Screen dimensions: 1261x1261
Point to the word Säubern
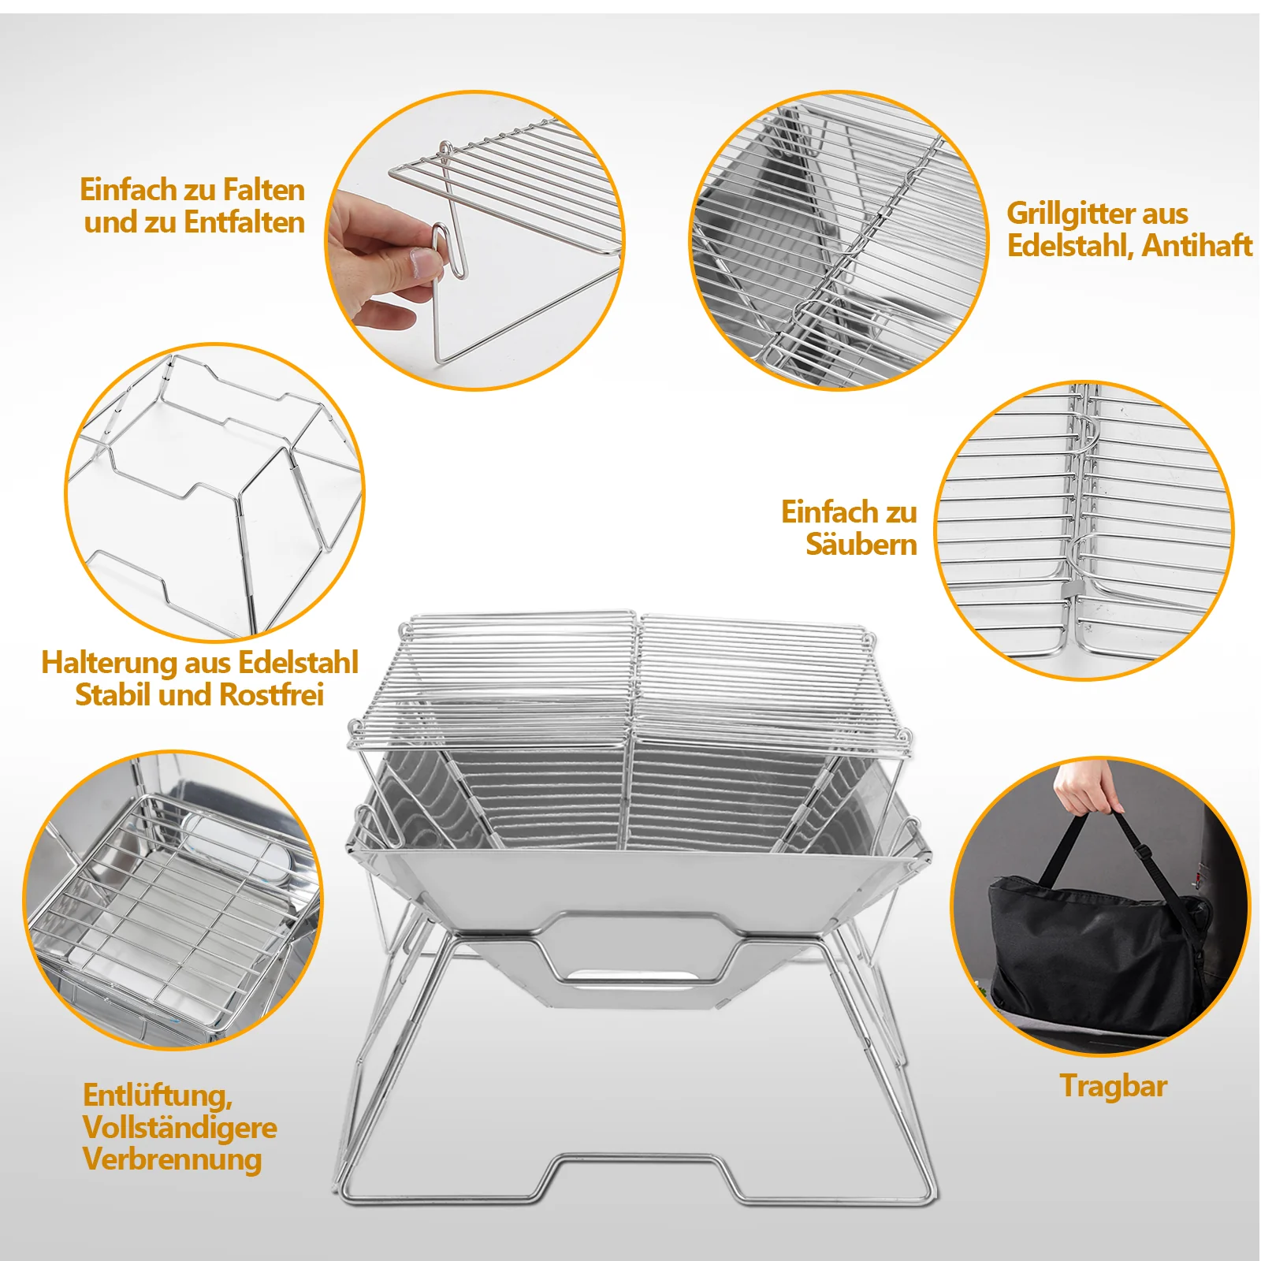click(861, 544)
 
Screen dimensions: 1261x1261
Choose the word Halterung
click(109, 664)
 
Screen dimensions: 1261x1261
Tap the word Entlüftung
click(158, 1095)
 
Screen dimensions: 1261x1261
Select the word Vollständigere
click(180, 1128)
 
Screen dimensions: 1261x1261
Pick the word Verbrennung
click(172, 1160)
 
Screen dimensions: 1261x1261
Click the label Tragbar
click(1113, 1087)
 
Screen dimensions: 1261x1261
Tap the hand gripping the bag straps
click(1086, 788)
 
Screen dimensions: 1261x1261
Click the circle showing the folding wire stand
click(214, 493)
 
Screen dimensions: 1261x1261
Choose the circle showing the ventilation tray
click(173, 900)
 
